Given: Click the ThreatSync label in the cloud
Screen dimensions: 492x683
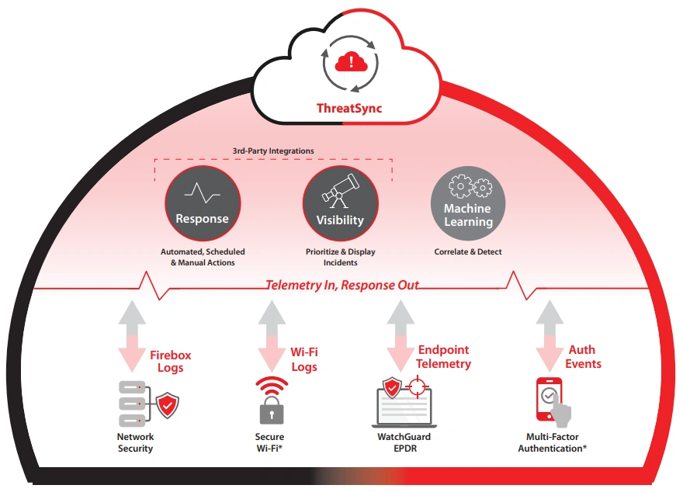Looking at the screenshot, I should click(x=348, y=108).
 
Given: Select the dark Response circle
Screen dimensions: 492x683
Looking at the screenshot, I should click(x=202, y=205).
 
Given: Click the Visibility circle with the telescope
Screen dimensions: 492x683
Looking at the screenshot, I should click(x=340, y=205).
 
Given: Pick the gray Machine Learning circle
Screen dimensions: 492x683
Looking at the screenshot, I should click(x=468, y=205).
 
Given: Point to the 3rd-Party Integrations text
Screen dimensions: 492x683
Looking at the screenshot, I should click(x=273, y=151).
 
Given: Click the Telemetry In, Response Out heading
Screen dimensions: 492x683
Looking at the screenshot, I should click(x=342, y=285).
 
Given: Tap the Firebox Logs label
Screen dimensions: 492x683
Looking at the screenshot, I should click(x=171, y=362).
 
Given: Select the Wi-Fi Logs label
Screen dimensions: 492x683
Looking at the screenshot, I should click(x=304, y=359).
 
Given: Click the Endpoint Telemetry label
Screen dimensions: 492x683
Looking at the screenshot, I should click(x=443, y=357).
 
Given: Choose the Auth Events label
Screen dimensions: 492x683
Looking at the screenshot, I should click(x=583, y=357).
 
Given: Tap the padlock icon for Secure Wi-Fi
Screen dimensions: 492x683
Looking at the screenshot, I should click(x=271, y=411).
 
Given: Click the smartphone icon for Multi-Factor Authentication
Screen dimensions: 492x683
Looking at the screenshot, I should click(x=550, y=400).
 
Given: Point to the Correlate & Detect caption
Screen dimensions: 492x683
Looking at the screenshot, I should click(x=468, y=252).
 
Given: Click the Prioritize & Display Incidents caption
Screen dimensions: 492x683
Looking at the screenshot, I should click(x=340, y=257).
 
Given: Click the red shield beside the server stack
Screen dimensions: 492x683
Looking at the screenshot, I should click(x=168, y=404).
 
